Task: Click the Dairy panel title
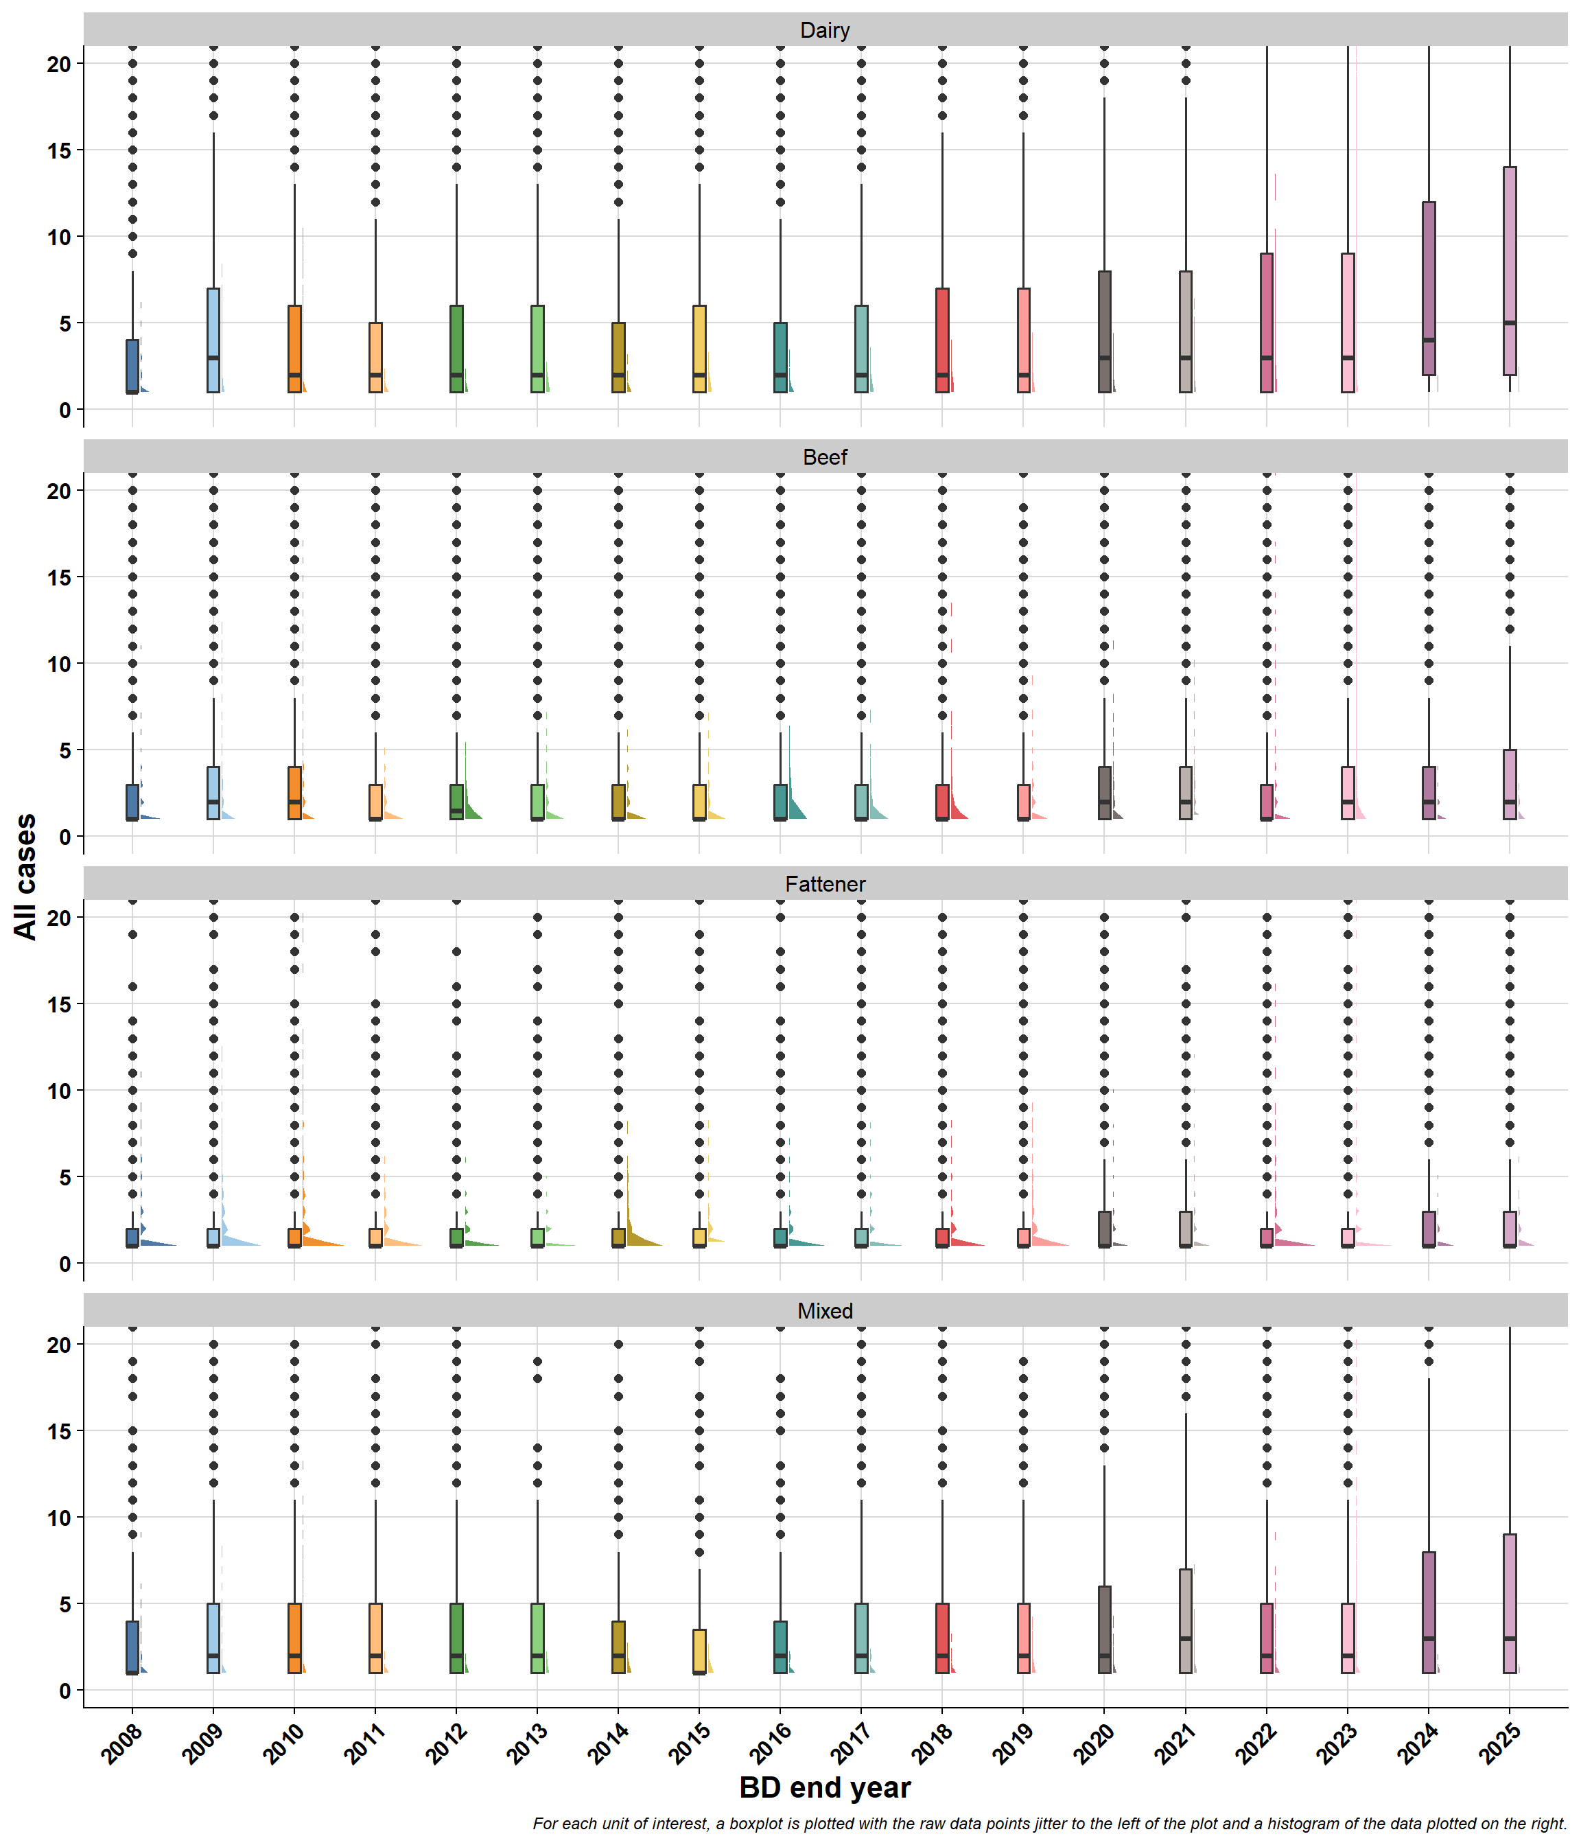pyautogui.click(x=824, y=30)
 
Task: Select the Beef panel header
pyautogui.click(x=824, y=457)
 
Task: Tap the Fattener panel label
pyautogui.click(x=824, y=884)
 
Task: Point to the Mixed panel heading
pyautogui.click(x=824, y=1311)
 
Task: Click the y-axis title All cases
pyautogui.click(x=26, y=877)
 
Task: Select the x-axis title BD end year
pyautogui.click(x=824, y=1787)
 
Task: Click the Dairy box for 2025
pyautogui.click(x=1509, y=270)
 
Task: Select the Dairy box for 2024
pyautogui.click(x=1428, y=288)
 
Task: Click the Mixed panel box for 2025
pyautogui.click(x=1509, y=1603)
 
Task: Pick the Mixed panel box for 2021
pyautogui.click(x=1185, y=1621)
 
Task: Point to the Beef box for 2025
pyautogui.click(x=1509, y=785)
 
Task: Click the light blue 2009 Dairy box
pyautogui.click(x=213, y=340)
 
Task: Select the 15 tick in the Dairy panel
pyautogui.click(x=59, y=150)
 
